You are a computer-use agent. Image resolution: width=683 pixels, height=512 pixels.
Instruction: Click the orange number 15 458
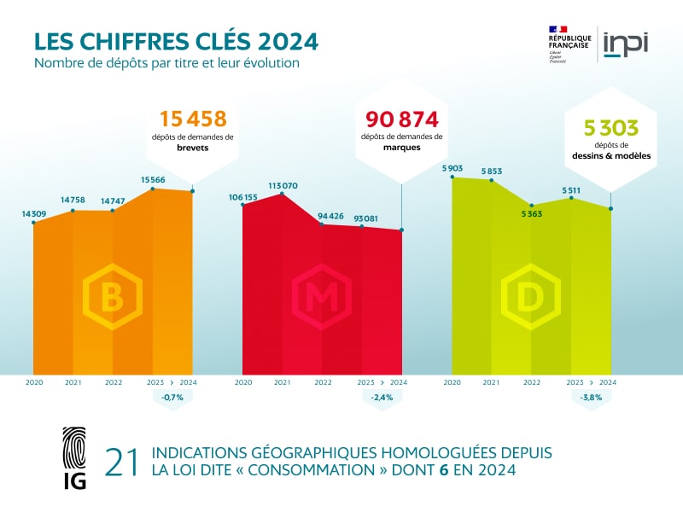pyautogui.click(x=193, y=119)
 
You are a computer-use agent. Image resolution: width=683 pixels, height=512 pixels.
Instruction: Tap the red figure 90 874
pyautogui.click(x=401, y=119)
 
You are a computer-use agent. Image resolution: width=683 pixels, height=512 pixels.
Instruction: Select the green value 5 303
pyautogui.click(x=610, y=128)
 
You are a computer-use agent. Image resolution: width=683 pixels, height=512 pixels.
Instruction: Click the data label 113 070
pyautogui.click(x=282, y=185)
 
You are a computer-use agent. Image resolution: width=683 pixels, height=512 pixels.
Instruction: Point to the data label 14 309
pyautogui.click(x=34, y=213)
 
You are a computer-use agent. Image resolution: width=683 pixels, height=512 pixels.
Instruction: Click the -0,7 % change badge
pyautogui.click(x=172, y=398)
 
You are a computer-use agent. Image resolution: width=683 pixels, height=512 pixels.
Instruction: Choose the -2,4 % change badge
pyautogui.click(x=382, y=398)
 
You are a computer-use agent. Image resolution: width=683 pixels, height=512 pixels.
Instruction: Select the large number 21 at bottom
pyautogui.click(x=120, y=462)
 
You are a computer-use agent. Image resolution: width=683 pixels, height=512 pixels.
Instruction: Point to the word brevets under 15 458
pyautogui.click(x=193, y=148)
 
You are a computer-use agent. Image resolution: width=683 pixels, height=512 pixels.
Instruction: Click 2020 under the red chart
pyautogui.click(x=243, y=382)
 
